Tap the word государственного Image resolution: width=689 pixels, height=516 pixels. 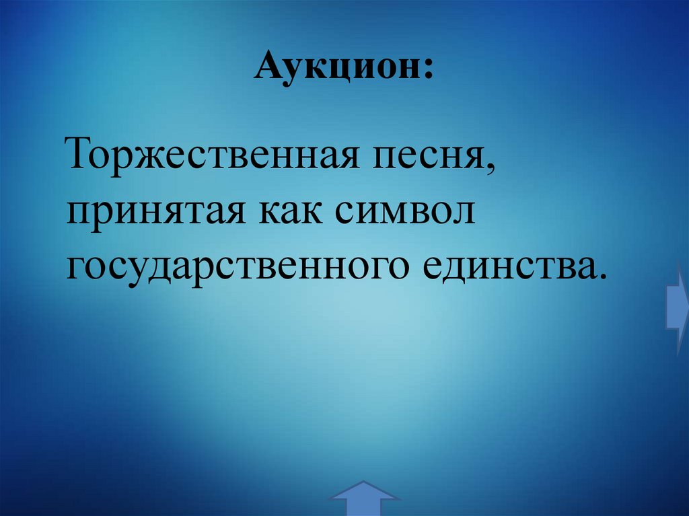[x=235, y=266]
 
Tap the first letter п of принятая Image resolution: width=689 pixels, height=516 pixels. [x=76, y=215]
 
